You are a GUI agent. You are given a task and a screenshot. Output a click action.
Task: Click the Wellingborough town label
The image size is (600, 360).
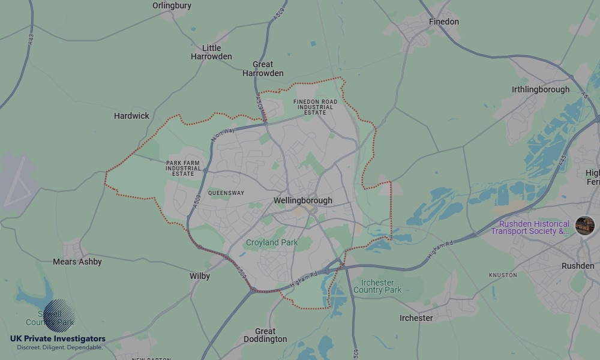pos(302,200)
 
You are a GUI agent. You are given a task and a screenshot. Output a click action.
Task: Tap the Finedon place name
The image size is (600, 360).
pos(444,22)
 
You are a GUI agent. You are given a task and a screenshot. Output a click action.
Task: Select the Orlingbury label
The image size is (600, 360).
pos(172,5)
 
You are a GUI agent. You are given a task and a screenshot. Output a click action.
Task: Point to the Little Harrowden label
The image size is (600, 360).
pos(211,52)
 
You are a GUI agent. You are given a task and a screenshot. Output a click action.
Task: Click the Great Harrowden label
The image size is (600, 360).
pos(263,68)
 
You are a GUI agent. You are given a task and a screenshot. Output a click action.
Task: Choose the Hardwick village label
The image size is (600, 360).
pos(131,116)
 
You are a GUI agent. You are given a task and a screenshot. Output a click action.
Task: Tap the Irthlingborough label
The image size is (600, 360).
pos(541,89)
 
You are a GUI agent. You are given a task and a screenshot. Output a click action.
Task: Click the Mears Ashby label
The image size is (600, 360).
pos(77,262)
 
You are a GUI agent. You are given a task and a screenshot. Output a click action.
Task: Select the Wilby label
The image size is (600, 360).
pos(200,276)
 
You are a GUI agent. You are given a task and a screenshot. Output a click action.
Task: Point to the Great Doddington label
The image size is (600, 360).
pos(265,335)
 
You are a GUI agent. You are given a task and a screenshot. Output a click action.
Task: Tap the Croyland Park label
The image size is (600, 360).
pos(271,242)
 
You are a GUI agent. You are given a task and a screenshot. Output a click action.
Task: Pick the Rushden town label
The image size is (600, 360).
pos(578,266)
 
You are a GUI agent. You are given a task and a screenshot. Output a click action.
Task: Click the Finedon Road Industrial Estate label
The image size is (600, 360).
pos(315,107)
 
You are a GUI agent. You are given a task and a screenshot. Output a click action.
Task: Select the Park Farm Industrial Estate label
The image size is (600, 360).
pos(184,168)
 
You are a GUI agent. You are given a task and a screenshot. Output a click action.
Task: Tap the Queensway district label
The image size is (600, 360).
pos(226,193)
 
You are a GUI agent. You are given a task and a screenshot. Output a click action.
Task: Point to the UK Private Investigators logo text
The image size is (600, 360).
pos(58,339)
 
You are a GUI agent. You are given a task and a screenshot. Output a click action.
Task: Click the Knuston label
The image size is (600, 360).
pos(503,275)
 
